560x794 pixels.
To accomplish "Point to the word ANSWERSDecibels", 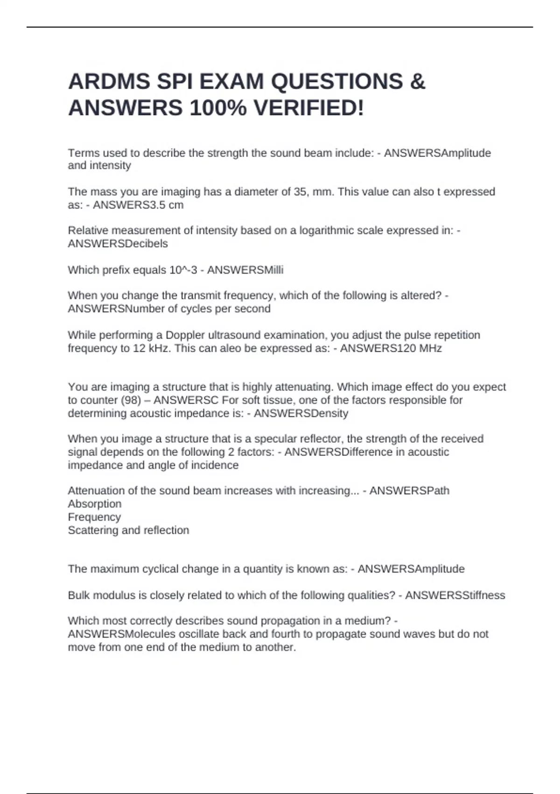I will (x=118, y=243).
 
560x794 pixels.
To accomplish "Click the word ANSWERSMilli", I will (x=245, y=270).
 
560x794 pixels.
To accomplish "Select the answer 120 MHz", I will (x=419, y=348).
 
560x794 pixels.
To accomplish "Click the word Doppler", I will (x=185, y=335).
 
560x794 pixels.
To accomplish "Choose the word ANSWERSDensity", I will (x=301, y=413).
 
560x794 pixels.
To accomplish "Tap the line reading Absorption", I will (x=94, y=504).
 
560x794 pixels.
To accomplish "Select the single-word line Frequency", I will (x=94, y=517).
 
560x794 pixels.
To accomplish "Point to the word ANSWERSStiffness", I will (x=455, y=595).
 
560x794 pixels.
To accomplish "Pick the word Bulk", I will (x=78, y=595).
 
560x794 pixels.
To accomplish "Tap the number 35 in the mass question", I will (x=300, y=192).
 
